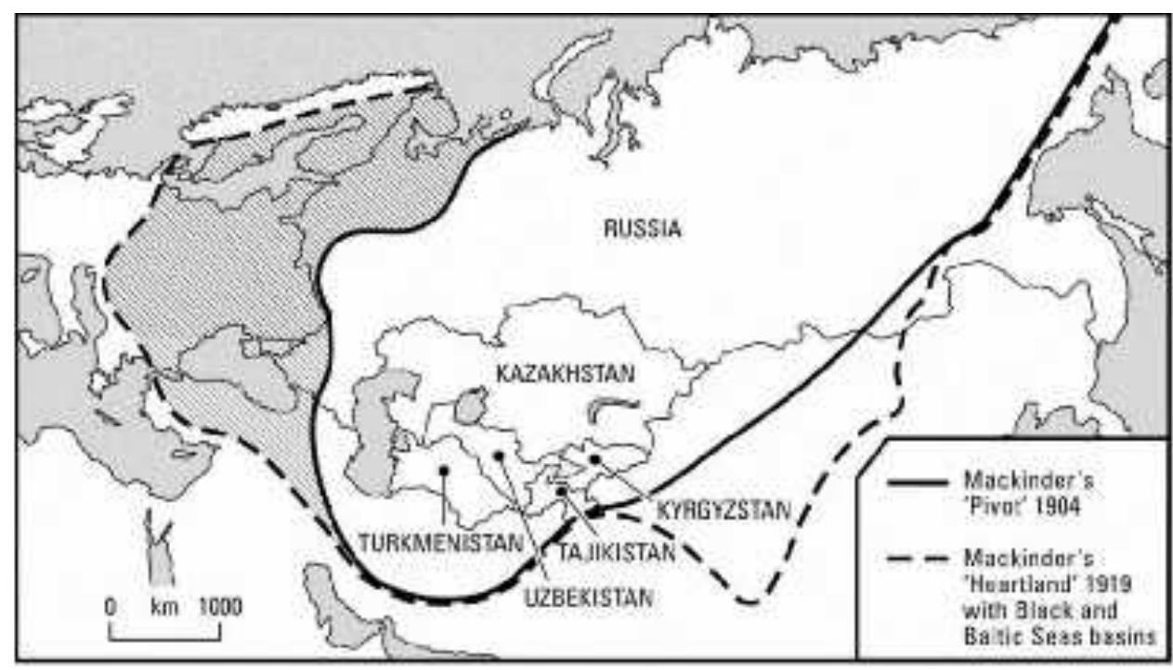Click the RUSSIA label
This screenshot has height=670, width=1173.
642,228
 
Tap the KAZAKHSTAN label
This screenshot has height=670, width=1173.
566,375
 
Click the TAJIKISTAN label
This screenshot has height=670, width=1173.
614,550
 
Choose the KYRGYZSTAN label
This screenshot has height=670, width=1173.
723,509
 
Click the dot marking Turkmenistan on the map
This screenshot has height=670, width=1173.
445,470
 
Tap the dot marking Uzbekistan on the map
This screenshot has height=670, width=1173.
498,456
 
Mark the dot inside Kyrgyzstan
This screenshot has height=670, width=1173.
595,458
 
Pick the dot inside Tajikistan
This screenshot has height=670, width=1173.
562,490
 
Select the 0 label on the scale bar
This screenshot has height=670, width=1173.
110,608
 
